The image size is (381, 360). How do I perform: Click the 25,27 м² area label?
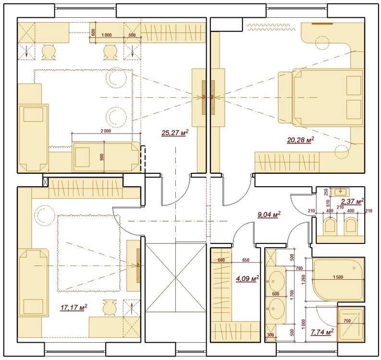(175, 132)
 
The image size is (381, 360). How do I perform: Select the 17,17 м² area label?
(74, 307)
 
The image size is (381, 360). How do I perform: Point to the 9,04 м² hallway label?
(269, 215)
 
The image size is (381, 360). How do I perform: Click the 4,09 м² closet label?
(247, 278)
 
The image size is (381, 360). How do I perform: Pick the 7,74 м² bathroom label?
(322, 332)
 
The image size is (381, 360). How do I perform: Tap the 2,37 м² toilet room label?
(352, 201)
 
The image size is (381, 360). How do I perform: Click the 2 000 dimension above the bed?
(106, 131)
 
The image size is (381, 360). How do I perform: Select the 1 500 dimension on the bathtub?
(338, 277)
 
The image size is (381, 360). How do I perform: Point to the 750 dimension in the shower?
(347, 321)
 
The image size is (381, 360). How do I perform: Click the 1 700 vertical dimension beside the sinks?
(292, 294)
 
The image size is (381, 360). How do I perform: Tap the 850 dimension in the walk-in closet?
(246, 260)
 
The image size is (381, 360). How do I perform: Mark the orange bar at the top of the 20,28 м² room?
(322, 24)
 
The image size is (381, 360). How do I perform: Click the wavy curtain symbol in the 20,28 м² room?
(271, 27)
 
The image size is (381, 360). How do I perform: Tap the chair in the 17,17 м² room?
(109, 307)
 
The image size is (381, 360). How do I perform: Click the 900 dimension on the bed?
(102, 157)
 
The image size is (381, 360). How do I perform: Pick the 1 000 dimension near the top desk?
(107, 35)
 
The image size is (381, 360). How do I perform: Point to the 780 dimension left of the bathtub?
(299, 268)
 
